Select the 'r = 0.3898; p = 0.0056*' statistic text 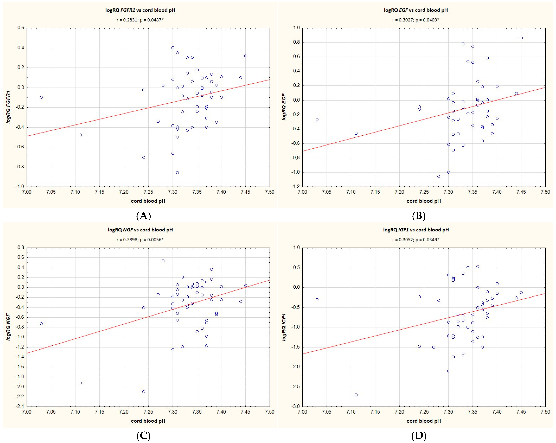coord(140,240)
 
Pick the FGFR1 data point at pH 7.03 coord(41,97)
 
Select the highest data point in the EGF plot coord(521,38)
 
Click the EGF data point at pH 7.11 coord(356,133)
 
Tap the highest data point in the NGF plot coord(163,261)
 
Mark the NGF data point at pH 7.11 coord(80,383)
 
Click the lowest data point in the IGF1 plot coord(356,395)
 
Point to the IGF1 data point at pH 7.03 coord(317,300)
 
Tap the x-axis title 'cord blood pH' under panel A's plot coord(148,201)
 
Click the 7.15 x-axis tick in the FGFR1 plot coord(100,192)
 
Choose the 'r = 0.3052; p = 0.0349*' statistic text coord(416,240)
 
